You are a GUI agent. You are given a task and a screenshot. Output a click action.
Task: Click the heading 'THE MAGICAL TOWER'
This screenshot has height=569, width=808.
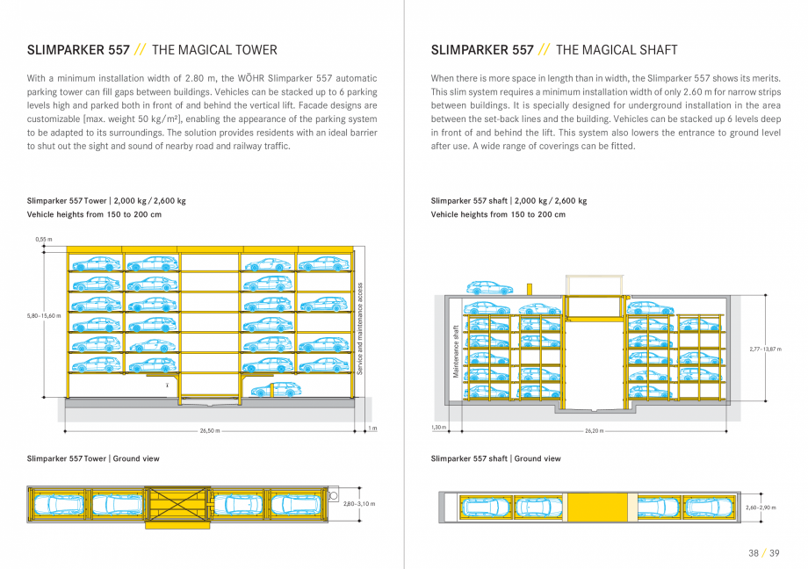pos(214,50)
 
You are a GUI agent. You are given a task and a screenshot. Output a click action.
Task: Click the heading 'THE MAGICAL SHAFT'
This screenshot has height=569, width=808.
pos(617,50)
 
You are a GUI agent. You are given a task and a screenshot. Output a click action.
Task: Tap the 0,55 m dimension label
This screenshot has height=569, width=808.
pos(44,239)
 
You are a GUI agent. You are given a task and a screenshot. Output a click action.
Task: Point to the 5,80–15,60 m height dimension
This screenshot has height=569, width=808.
pos(44,315)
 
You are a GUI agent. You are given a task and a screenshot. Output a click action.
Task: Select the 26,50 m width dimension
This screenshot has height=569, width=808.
pos(210,431)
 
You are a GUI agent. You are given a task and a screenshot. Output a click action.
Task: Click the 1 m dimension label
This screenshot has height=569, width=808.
pos(372,429)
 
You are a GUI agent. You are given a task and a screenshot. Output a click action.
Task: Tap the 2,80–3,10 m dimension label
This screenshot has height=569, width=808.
pos(358,504)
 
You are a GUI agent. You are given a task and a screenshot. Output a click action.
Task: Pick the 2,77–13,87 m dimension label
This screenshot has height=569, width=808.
pos(766,349)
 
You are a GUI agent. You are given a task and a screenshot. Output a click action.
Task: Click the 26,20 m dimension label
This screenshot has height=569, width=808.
pos(595,431)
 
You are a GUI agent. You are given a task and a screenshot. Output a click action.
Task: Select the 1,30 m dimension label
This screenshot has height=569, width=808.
pos(438,428)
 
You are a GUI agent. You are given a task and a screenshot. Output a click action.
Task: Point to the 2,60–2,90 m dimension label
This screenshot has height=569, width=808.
pos(761,508)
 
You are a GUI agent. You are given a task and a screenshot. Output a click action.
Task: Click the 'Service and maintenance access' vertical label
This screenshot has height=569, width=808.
pos(360,328)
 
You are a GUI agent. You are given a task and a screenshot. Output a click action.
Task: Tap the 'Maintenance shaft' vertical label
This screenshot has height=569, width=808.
pos(456,351)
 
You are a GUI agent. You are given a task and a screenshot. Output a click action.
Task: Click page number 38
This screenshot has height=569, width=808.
pos(753,552)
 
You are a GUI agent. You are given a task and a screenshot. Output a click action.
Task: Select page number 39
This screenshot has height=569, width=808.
pos(774,552)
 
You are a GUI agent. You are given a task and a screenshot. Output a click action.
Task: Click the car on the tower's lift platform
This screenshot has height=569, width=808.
pos(273,390)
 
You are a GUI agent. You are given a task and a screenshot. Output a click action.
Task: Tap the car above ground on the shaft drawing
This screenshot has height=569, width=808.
pos(489,287)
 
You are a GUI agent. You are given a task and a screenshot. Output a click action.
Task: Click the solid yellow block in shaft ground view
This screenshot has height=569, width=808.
pos(596,507)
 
